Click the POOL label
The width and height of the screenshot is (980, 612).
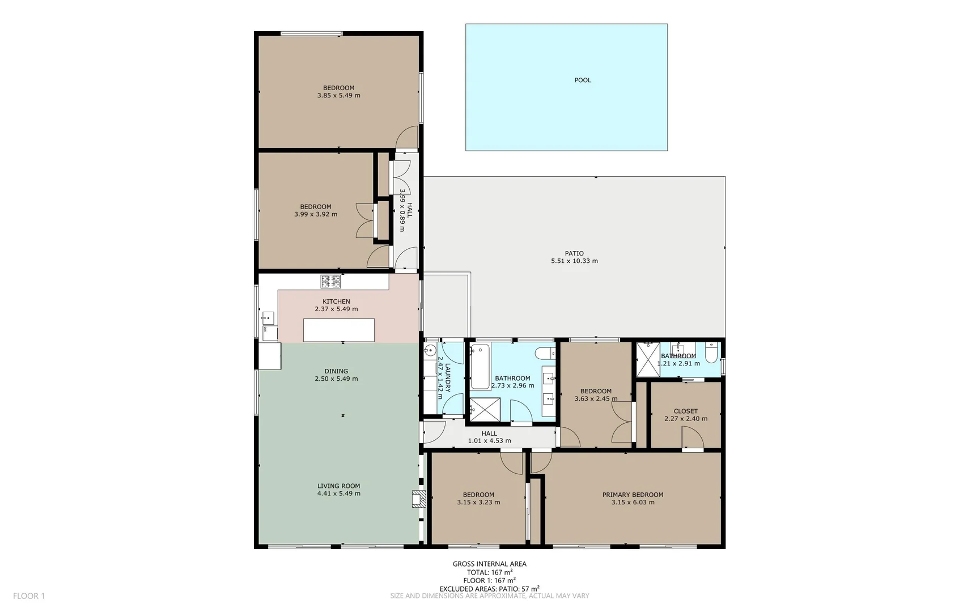pos(582,80)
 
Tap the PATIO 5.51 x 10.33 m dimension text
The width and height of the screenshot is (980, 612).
pos(574,261)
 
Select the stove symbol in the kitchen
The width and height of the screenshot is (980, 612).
pos(330,281)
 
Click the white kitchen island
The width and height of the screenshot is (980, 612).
pos(338,330)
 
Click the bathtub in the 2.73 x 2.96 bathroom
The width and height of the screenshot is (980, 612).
pos(480,367)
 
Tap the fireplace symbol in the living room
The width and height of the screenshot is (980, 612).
pos(418,499)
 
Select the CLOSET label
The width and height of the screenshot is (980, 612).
pos(685,411)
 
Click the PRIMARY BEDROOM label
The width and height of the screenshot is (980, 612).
pos(633,495)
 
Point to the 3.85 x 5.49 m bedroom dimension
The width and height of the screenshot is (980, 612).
pos(338,96)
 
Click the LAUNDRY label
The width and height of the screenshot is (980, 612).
pos(448,378)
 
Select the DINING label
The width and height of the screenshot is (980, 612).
pos(336,371)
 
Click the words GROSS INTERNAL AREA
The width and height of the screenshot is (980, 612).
pos(489,564)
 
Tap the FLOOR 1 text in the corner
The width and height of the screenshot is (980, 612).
pos(29,596)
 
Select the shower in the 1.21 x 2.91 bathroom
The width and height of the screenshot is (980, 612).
pos(647,359)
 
